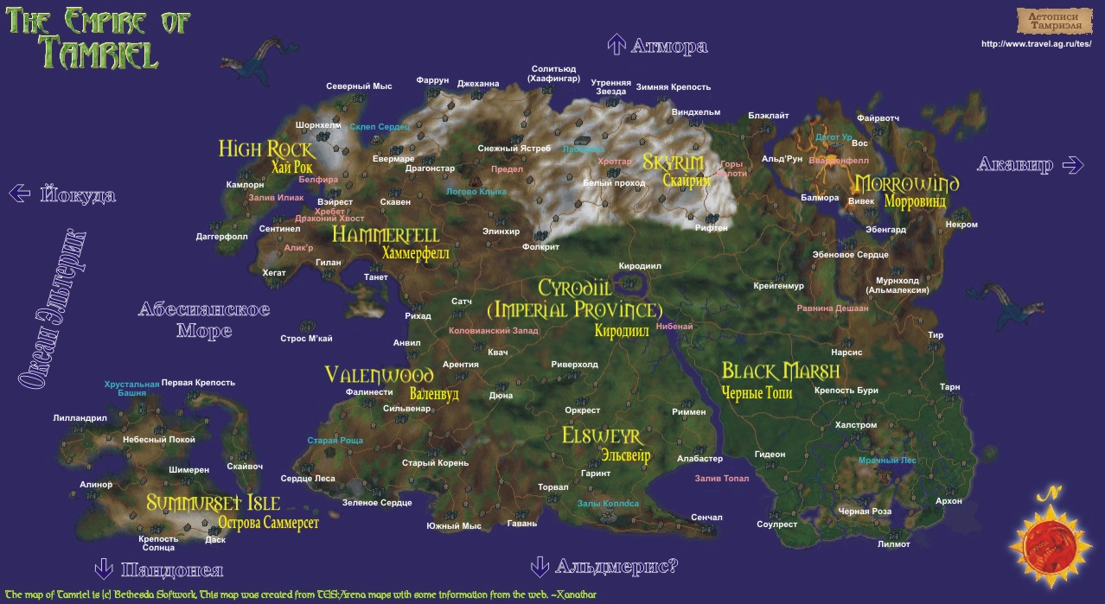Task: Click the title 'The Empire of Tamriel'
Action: (98, 38)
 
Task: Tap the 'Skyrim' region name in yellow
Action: (673, 162)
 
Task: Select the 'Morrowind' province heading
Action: (907, 184)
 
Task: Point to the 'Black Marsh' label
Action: (781, 372)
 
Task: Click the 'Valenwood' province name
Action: (379, 375)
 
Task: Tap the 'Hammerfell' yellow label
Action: (386, 235)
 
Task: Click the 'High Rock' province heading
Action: (265, 149)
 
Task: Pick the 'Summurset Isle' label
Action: (213, 503)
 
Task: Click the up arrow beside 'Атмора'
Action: (616, 45)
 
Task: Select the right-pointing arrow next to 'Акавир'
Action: (1073, 164)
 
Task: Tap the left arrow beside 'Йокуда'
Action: (19, 194)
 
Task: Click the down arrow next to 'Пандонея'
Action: (104, 569)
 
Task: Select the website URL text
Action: (1037, 44)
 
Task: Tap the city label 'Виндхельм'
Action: (696, 112)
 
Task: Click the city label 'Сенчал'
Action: (706, 518)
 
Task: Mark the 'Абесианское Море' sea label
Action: (204, 320)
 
